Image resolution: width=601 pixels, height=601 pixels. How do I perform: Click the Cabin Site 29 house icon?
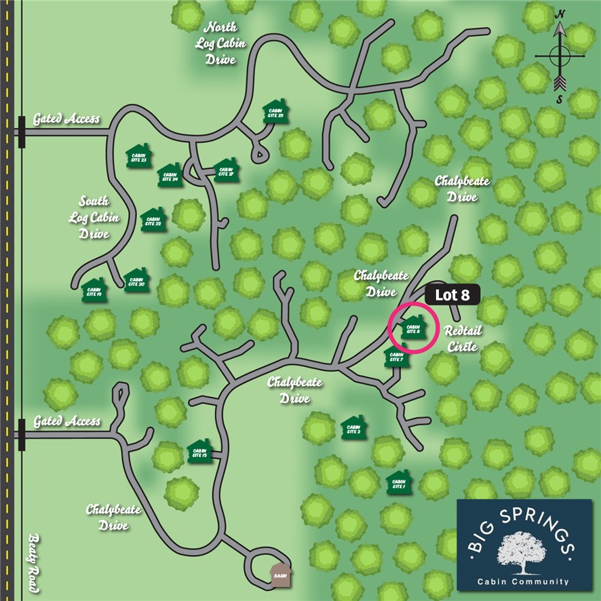[276, 113]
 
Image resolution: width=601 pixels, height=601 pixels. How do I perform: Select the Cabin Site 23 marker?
[139, 155]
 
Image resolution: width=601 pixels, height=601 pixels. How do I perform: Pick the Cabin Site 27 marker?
[225, 170]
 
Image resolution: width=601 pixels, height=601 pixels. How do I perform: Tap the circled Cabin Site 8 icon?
[412, 328]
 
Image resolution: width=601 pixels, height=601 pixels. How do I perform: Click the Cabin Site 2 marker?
[353, 428]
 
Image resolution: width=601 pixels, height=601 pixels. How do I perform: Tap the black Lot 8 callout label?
[452, 295]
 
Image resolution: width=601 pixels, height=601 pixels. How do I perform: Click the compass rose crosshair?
[560, 56]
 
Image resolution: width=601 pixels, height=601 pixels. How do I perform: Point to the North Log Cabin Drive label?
[220, 43]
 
